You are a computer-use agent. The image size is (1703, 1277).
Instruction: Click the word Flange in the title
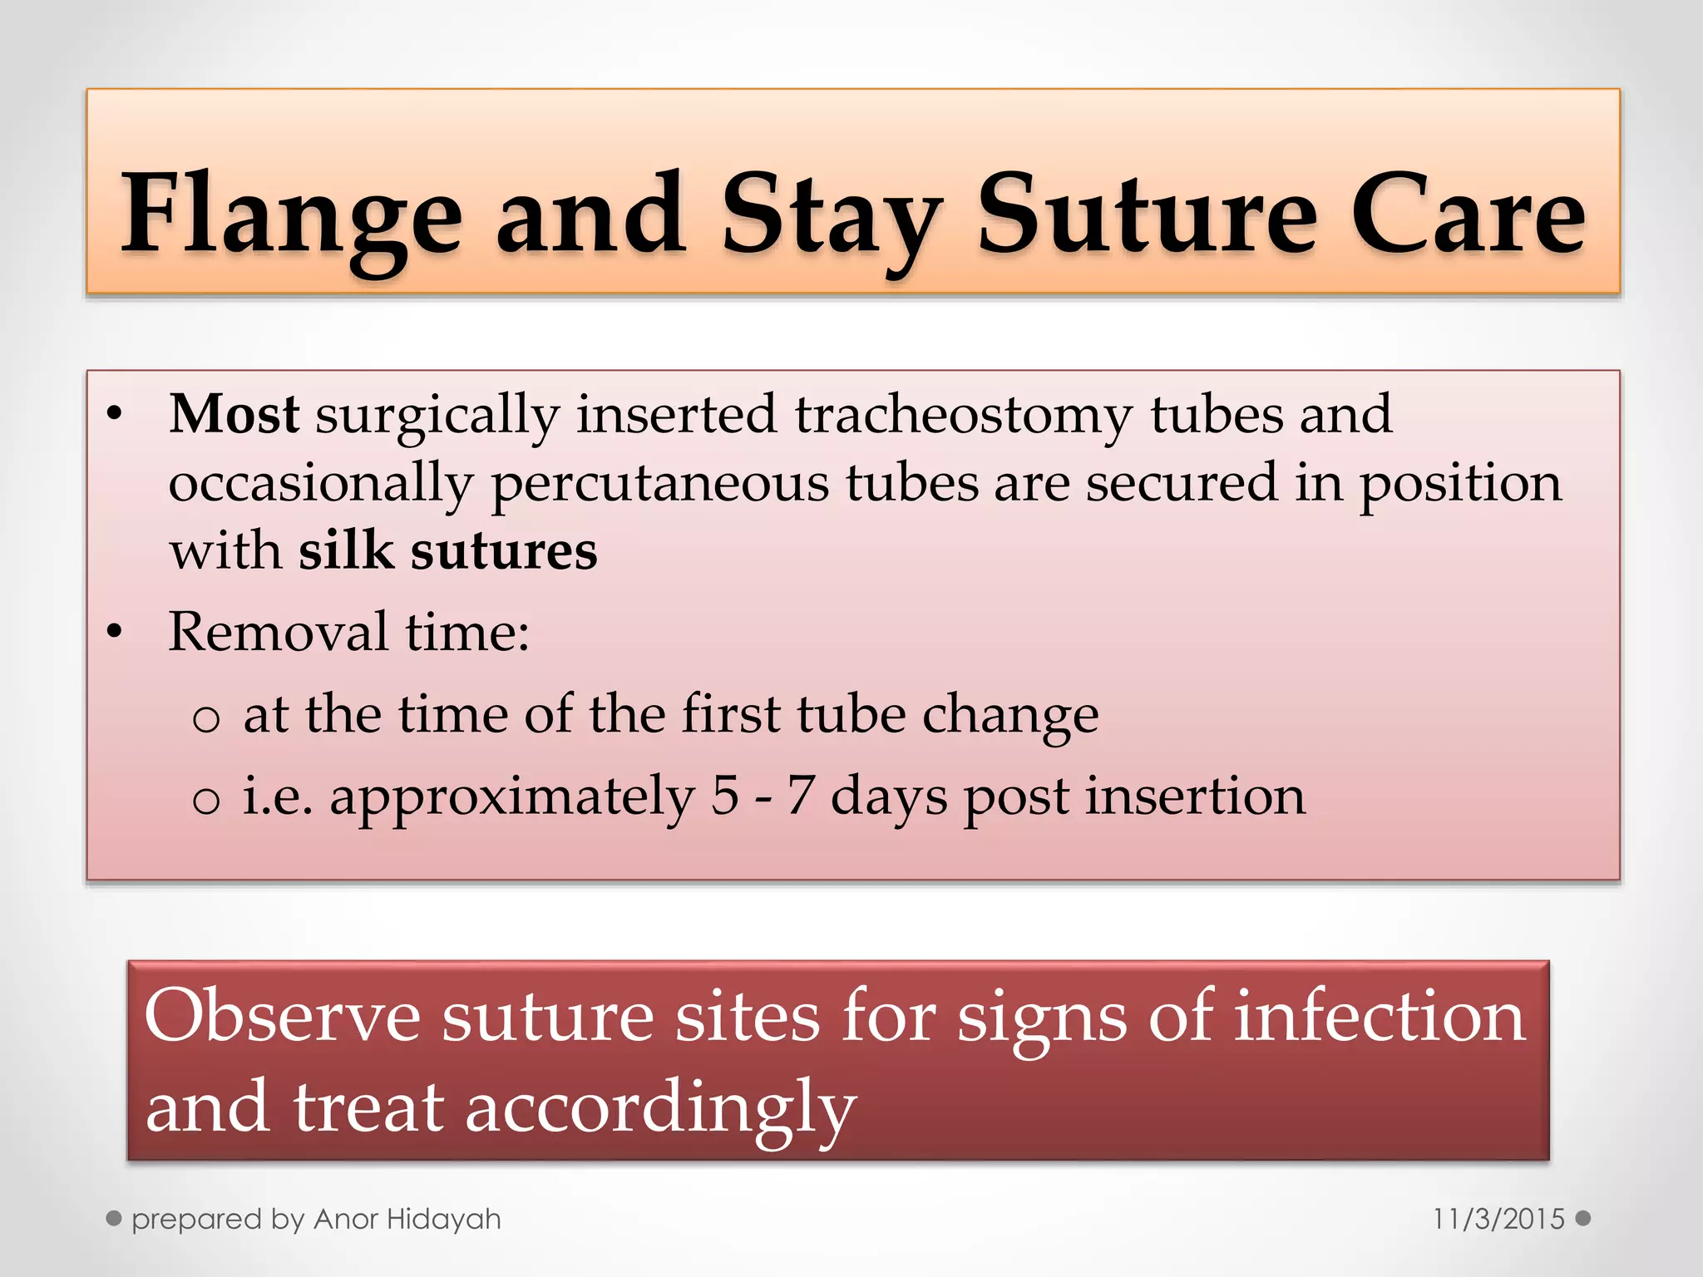(x=291, y=214)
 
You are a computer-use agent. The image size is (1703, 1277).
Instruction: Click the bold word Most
(x=234, y=413)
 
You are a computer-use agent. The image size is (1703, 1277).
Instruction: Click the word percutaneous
(x=659, y=483)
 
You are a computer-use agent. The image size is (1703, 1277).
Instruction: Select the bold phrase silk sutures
(x=447, y=550)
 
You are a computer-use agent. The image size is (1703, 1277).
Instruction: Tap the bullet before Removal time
(x=115, y=633)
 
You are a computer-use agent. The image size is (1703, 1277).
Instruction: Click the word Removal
(x=278, y=631)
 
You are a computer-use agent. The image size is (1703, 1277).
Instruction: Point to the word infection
(x=1379, y=1015)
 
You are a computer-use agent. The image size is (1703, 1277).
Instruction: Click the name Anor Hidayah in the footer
(x=407, y=1219)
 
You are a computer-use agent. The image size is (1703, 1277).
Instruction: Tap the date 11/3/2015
(x=1498, y=1219)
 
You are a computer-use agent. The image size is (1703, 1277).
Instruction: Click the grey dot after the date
(x=1583, y=1218)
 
